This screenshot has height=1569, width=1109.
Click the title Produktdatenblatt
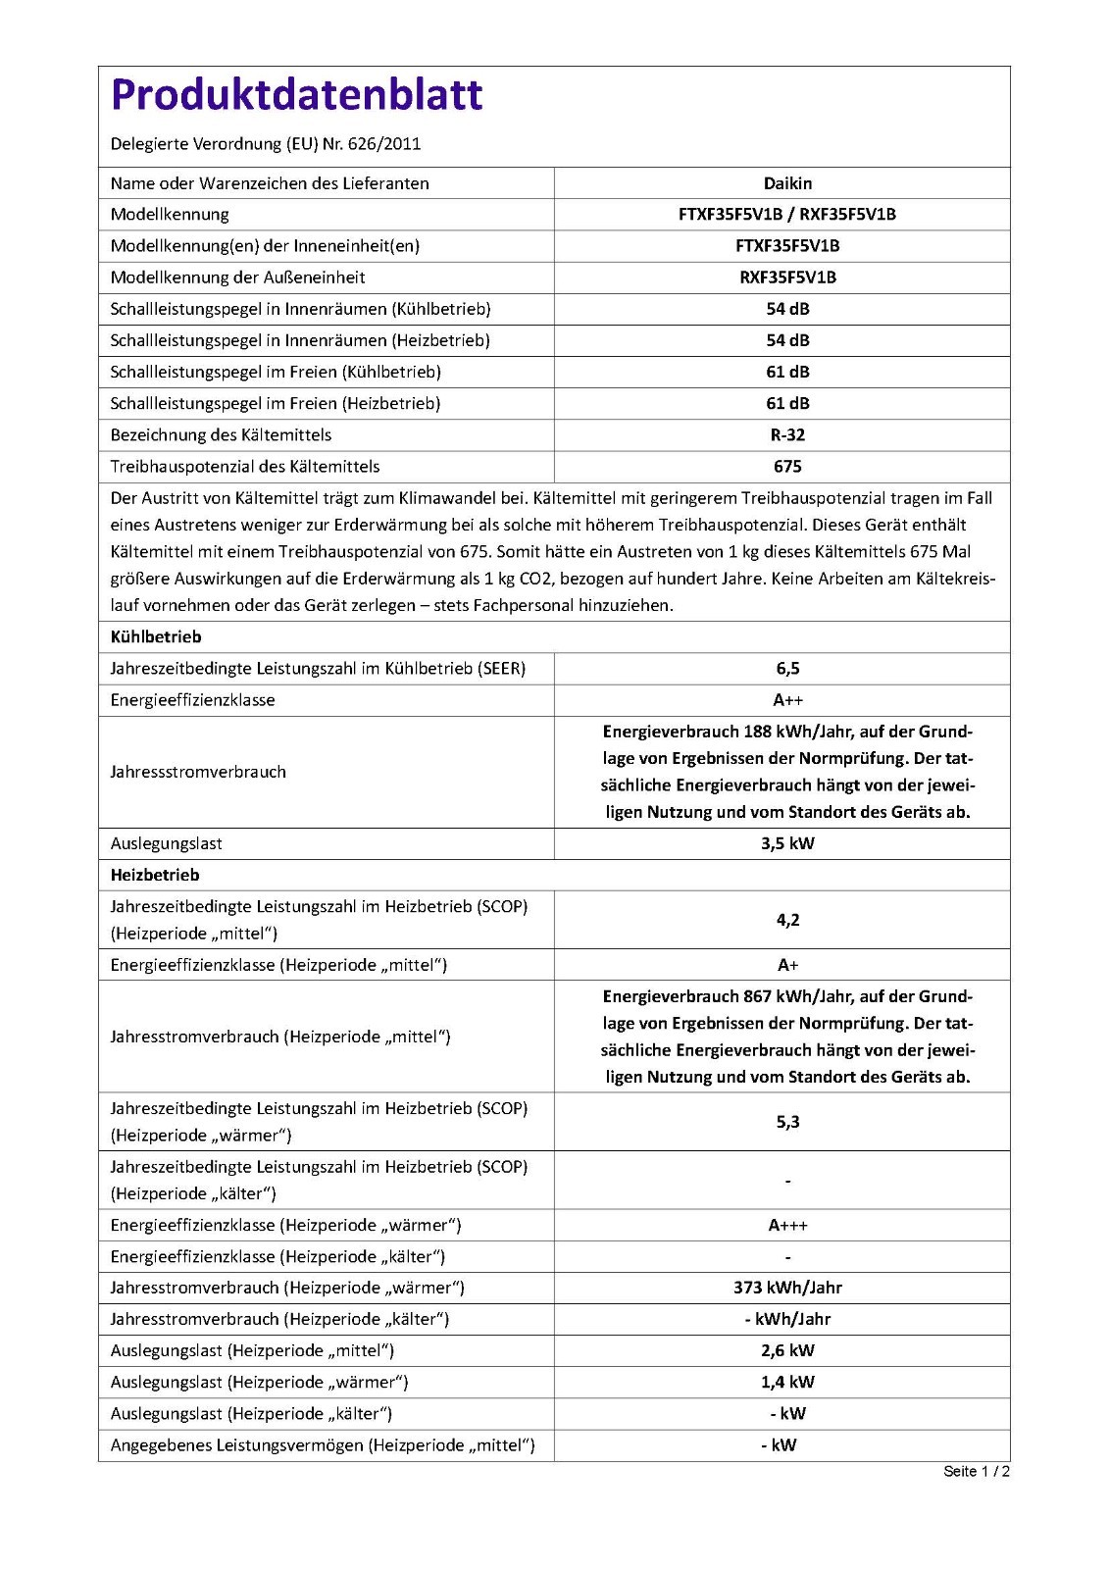tap(296, 95)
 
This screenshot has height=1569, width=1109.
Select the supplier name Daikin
tap(787, 183)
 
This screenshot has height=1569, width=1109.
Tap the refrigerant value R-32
tap(787, 435)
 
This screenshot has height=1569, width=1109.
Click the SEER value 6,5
tap(787, 669)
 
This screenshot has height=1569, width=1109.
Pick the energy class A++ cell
tap(787, 700)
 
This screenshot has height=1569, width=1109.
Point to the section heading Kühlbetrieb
tap(156, 637)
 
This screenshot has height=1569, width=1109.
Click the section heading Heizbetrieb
tap(155, 876)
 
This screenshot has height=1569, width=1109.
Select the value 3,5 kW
tap(787, 843)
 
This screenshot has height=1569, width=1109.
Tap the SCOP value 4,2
tap(787, 920)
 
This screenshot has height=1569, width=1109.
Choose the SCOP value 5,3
tap(787, 1122)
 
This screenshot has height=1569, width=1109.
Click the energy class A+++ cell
tap(787, 1226)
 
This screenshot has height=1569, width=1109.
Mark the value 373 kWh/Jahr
tap(787, 1289)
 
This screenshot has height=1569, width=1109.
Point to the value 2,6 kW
tap(787, 1351)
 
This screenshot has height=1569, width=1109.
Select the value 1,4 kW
tap(787, 1383)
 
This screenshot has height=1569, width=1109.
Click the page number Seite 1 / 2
tap(976, 1471)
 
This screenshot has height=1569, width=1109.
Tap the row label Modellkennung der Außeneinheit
tap(237, 278)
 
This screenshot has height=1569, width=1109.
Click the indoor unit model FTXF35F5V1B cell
tap(787, 246)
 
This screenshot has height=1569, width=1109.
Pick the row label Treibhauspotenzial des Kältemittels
tap(245, 467)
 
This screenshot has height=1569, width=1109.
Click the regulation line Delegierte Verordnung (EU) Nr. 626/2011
tap(266, 144)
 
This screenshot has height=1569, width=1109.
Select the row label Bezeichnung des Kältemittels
tap(221, 435)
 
